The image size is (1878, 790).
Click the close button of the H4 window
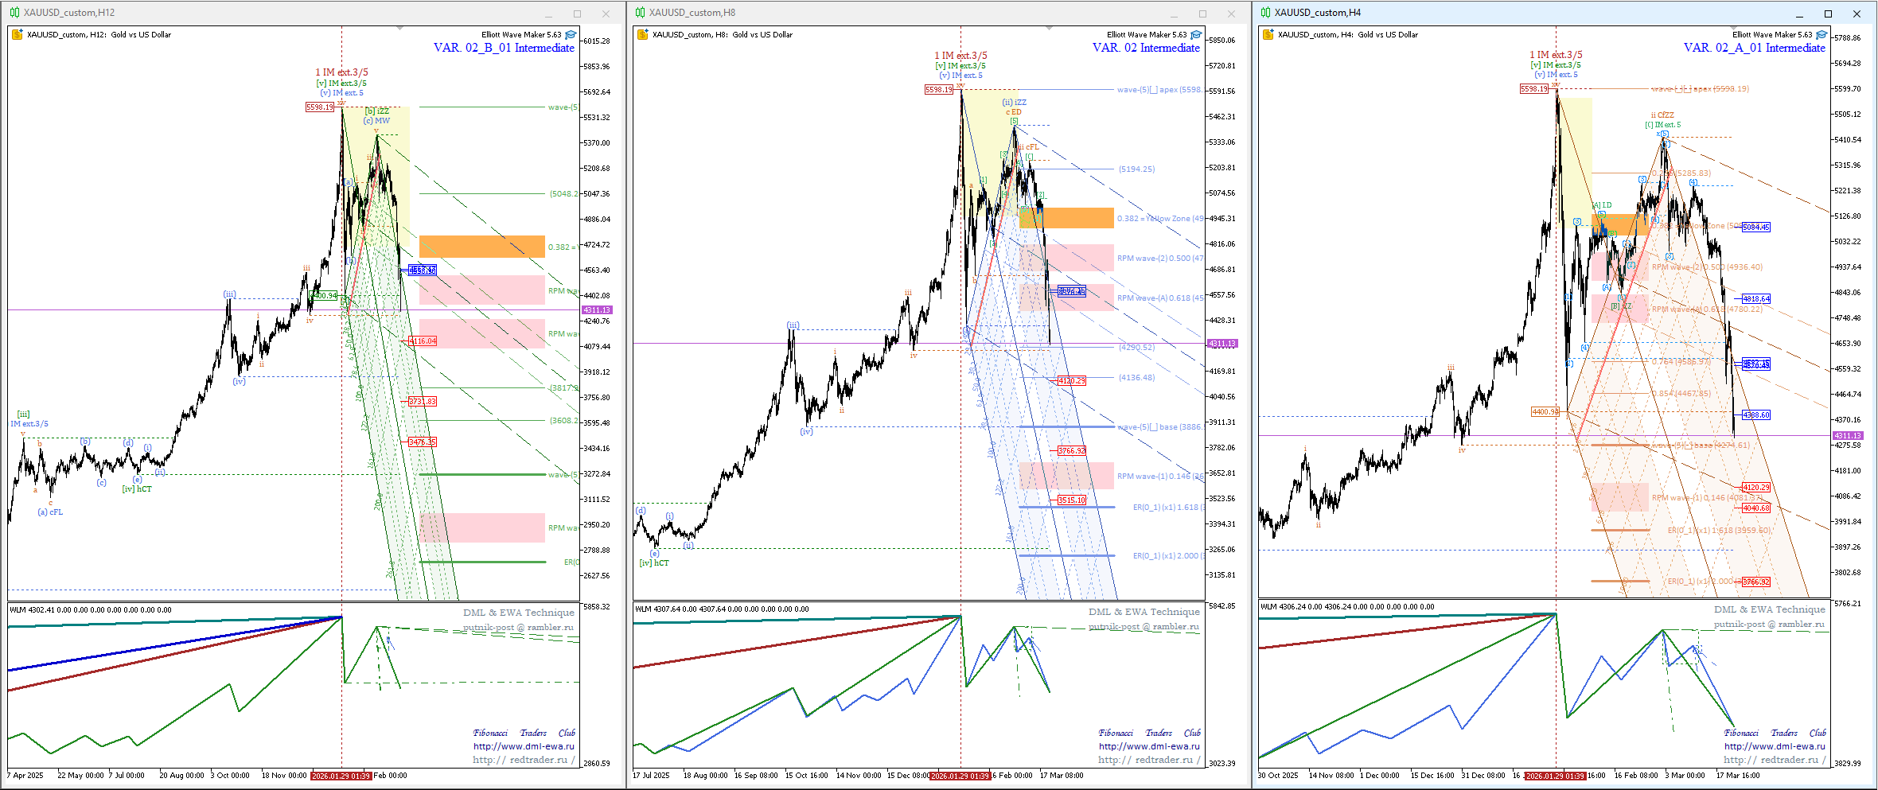click(1857, 14)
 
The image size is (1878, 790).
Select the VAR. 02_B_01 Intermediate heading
click(504, 48)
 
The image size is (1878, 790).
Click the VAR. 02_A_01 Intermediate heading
click(1754, 48)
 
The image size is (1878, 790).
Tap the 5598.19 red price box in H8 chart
click(938, 90)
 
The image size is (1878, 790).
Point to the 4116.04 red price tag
click(423, 341)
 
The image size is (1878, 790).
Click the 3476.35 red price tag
click(423, 442)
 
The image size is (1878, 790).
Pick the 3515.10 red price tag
click(1072, 500)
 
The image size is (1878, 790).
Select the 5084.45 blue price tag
click(1756, 228)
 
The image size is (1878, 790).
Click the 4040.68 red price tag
click(1756, 508)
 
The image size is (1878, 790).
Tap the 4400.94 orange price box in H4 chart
click(1545, 412)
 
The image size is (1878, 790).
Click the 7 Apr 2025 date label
click(25, 776)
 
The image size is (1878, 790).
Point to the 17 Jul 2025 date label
click(651, 776)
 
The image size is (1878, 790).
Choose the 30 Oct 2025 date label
click(1278, 776)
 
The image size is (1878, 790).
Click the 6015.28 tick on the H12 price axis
click(597, 41)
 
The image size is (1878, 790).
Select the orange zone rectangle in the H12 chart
click(481, 246)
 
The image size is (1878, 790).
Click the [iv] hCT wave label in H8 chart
click(654, 563)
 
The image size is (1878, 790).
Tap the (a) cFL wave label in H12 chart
click(50, 512)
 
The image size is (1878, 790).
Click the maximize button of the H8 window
click(1202, 14)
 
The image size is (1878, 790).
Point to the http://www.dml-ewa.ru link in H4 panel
click(1775, 746)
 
